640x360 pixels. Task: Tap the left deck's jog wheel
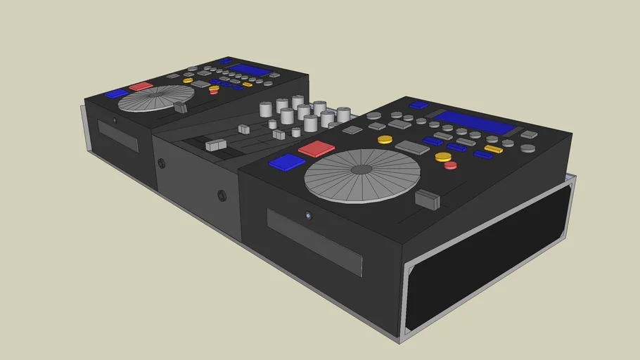(x=147, y=98)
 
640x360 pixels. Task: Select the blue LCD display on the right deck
(x=474, y=122)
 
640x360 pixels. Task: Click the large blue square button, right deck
(x=287, y=162)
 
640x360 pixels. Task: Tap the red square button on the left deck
(x=141, y=86)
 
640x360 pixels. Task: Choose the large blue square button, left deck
(x=116, y=94)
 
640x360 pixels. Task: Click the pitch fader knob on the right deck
(x=428, y=199)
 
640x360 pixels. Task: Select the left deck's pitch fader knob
(x=181, y=108)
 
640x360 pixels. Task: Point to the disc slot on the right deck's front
(x=314, y=241)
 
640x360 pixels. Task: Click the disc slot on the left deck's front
(x=117, y=136)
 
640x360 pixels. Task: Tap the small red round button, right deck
(x=450, y=166)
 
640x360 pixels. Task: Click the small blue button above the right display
(x=418, y=105)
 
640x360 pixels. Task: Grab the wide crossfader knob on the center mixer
(x=215, y=145)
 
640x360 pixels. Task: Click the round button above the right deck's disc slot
(x=308, y=215)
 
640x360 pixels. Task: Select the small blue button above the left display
(x=225, y=61)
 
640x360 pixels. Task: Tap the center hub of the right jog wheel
(x=361, y=169)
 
